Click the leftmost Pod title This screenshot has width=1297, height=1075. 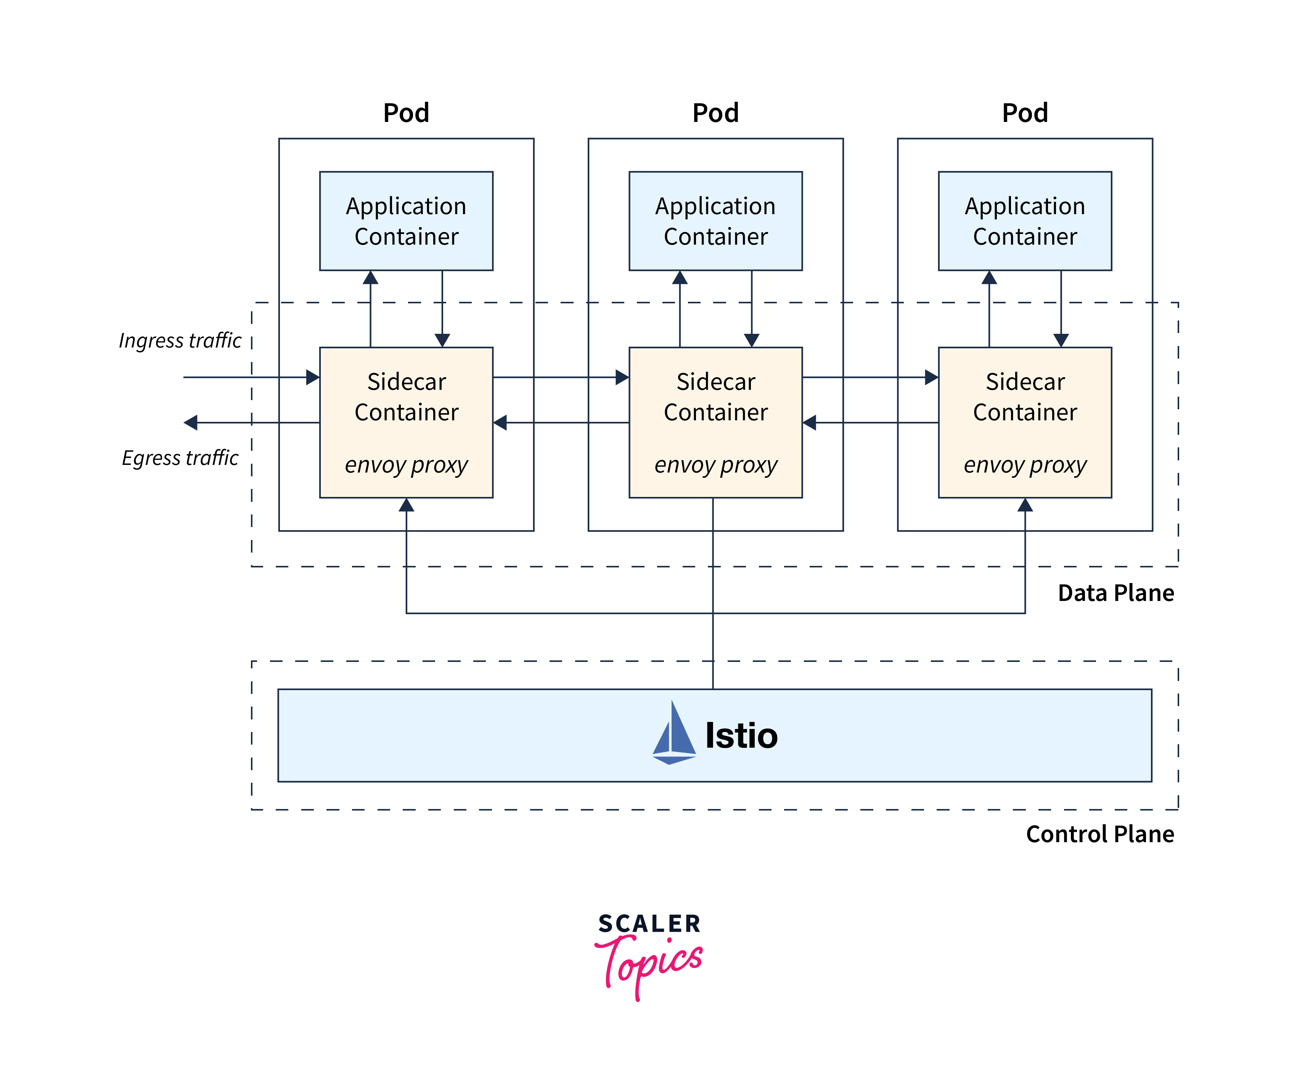[406, 113]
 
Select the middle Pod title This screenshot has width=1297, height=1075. [715, 113]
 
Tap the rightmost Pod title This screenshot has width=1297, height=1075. [1025, 113]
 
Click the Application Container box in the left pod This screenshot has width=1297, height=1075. [406, 221]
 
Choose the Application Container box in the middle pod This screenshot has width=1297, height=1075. [715, 221]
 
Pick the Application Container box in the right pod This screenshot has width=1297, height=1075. [1025, 221]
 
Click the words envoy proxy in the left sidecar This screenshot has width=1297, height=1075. [406, 465]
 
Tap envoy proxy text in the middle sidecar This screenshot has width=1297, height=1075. [715, 465]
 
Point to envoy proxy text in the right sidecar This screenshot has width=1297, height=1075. [1025, 465]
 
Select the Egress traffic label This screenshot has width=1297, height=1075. [180, 458]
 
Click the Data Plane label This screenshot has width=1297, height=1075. [1115, 593]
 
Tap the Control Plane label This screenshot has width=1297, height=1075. [1099, 834]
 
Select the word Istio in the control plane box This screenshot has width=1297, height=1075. [741, 735]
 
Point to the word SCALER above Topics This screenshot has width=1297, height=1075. [649, 924]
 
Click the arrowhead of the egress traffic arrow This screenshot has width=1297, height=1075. [191, 423]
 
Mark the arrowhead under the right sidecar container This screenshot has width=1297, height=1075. [1025, 505]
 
